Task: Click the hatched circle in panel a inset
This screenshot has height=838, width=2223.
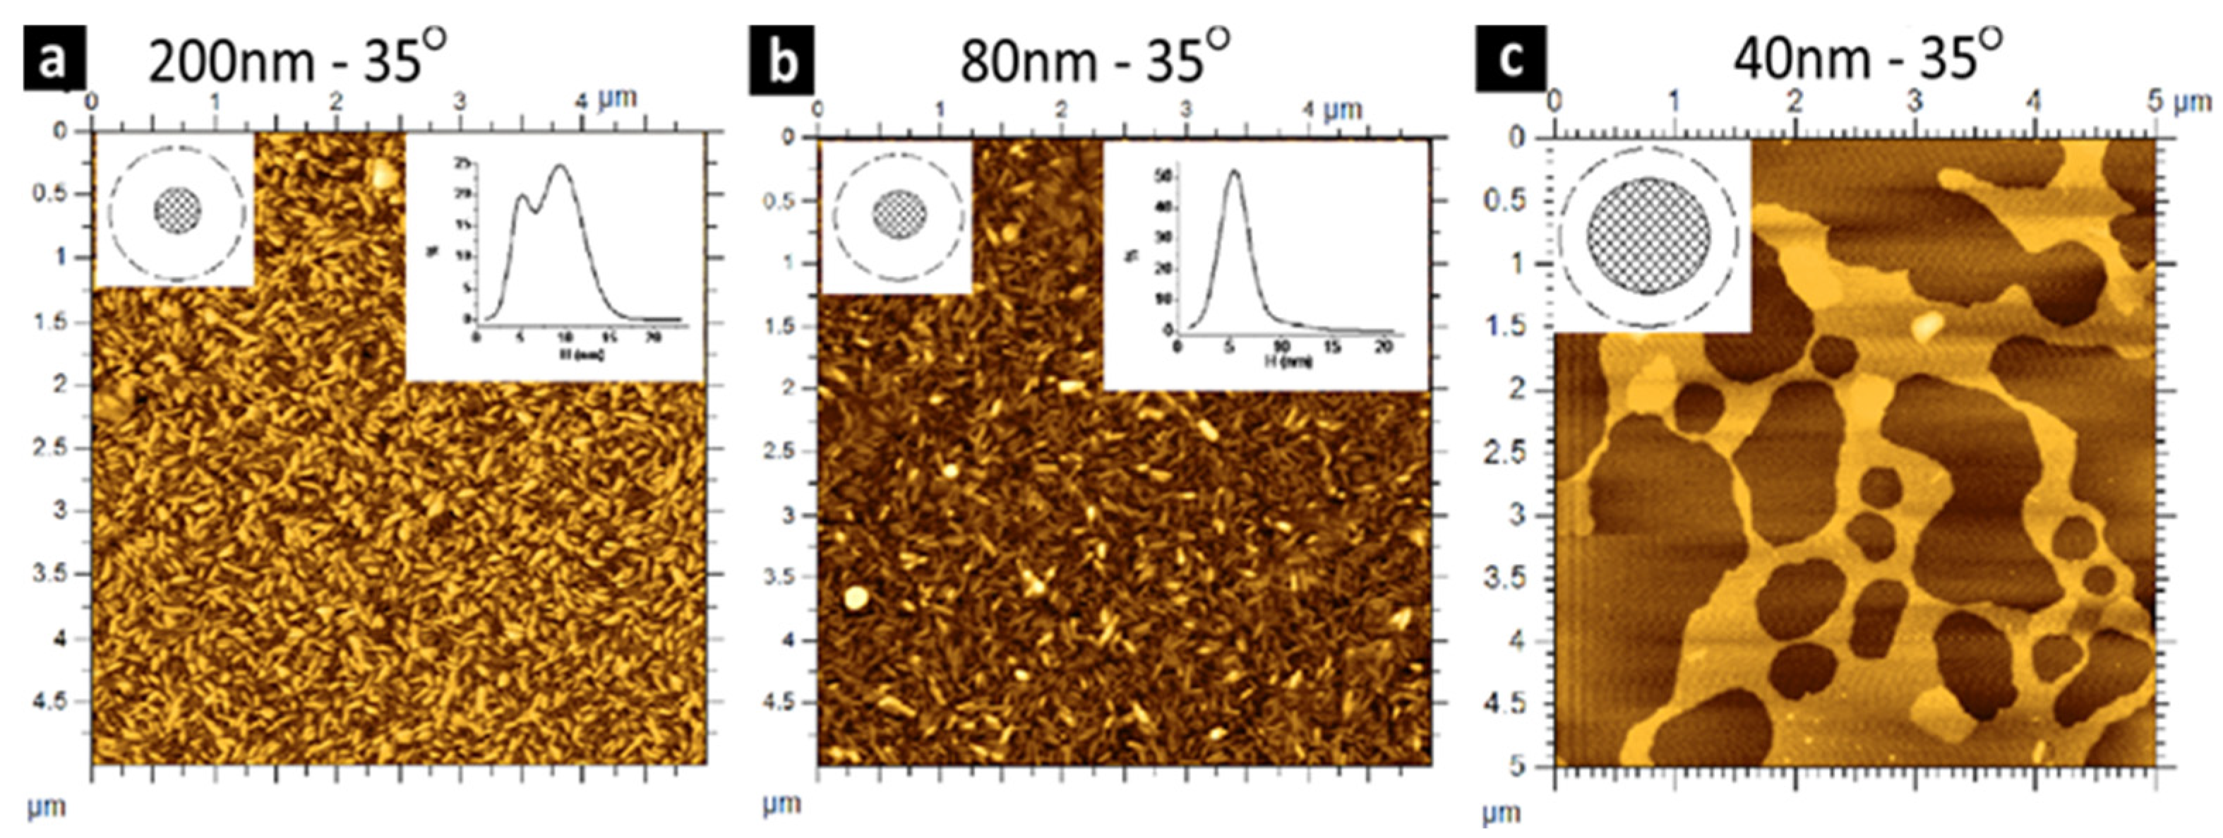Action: [x=178, y=210]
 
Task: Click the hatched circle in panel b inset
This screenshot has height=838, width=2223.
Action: [x=899, y=215]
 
